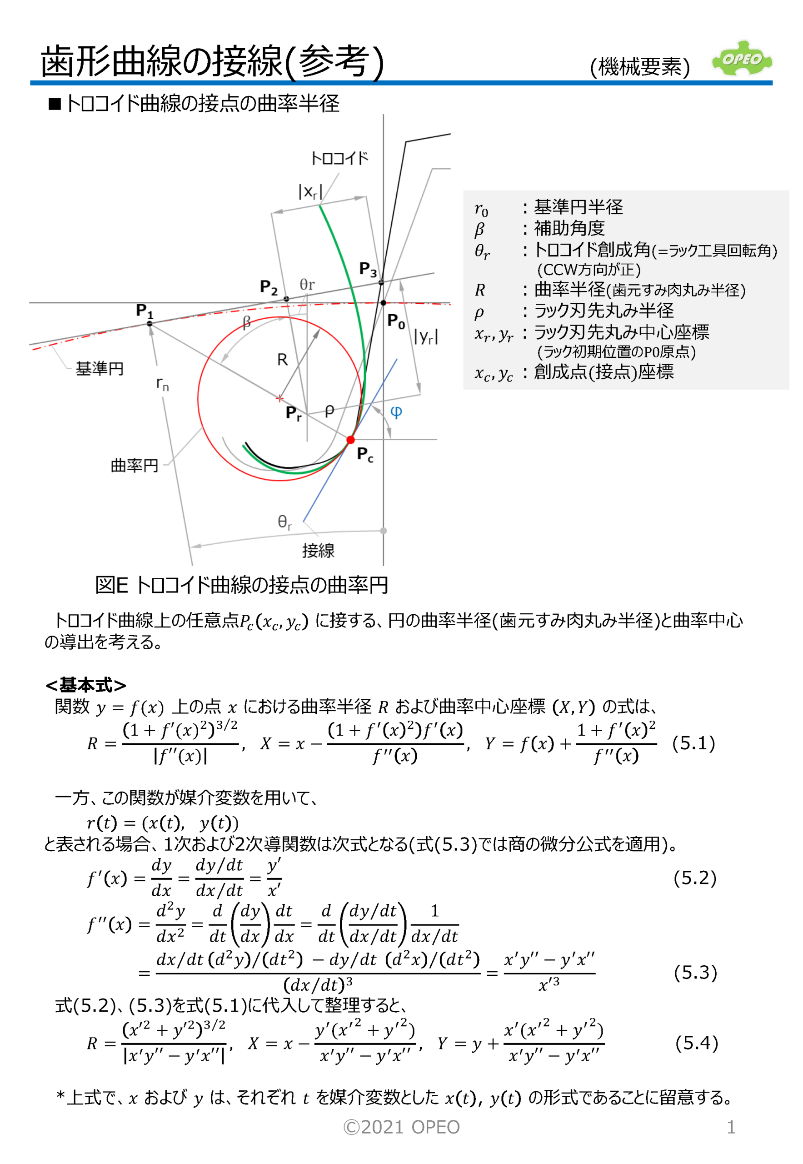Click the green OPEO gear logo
tap(742, 59)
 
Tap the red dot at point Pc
tap(351, 440)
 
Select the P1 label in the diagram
tap(145, 311)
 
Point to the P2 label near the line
tap(269, 287)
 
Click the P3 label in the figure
tap(368, 269)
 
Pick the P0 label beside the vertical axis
tap(396, 321)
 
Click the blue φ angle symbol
tap(396, 412)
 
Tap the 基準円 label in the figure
tap(100, 369)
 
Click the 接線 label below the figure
tap(318, 551)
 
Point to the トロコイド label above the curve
tap(339, 159)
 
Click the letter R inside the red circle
tap(282, 360)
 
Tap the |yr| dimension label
tap(426, 336)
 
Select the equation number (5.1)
tap(693, 743)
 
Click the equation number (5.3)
tap(695, 972)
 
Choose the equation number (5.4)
tap(696, 1043)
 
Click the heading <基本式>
tap(85, 685)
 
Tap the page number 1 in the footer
tap(731, 1127)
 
